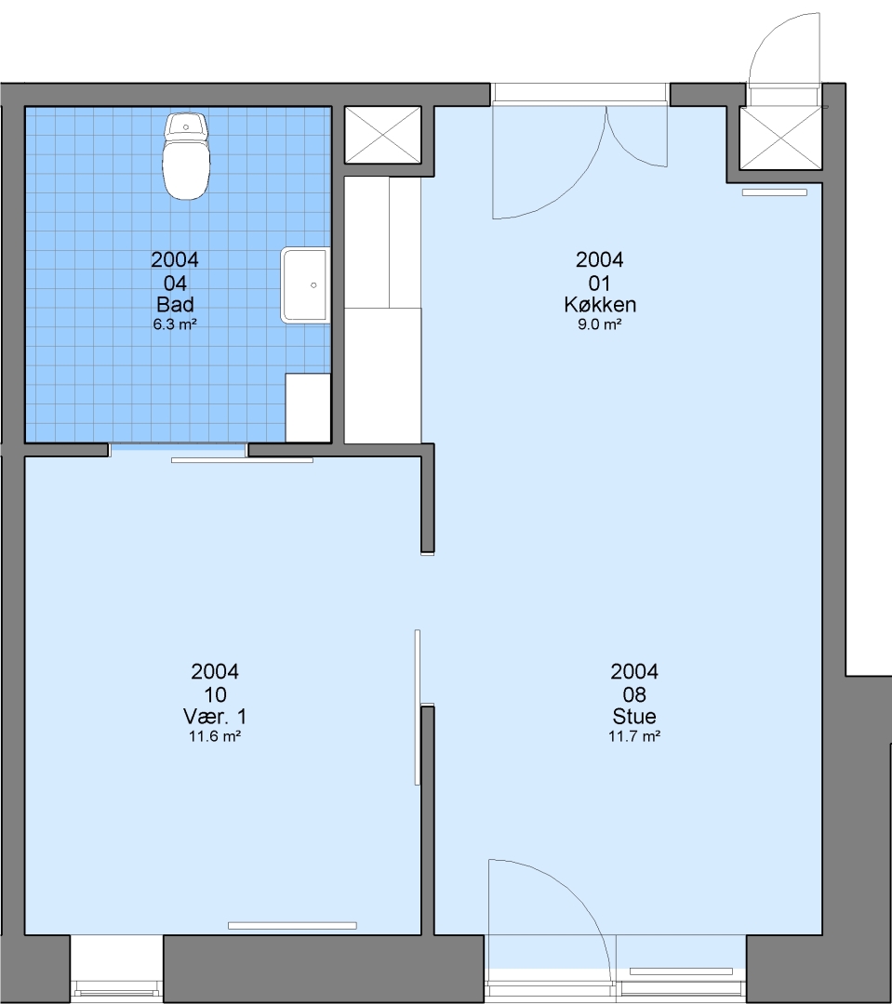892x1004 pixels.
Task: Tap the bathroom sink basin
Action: [306, 285]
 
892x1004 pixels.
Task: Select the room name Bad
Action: [175, 304]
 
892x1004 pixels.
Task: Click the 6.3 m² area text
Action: [175, 324]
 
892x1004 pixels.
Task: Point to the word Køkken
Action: [600, 304]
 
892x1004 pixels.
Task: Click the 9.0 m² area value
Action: [600, 324]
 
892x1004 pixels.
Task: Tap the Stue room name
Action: [634, 716]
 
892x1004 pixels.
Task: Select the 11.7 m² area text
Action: [634, 735]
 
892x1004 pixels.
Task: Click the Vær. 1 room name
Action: [215, 716]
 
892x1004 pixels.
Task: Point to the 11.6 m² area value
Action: [215, 735]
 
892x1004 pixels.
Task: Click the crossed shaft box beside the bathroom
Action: [382, 135]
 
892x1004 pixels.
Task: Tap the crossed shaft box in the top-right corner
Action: [781, 139]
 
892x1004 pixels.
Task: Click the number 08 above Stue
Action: [634, 694]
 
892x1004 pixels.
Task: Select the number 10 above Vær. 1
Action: [215, 694]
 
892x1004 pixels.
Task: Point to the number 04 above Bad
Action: [175, 283]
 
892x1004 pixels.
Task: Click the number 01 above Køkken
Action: [600, 283]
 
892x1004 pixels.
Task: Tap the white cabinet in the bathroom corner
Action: [308, 408]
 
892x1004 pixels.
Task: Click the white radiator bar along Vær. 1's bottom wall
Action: [292, 926]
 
